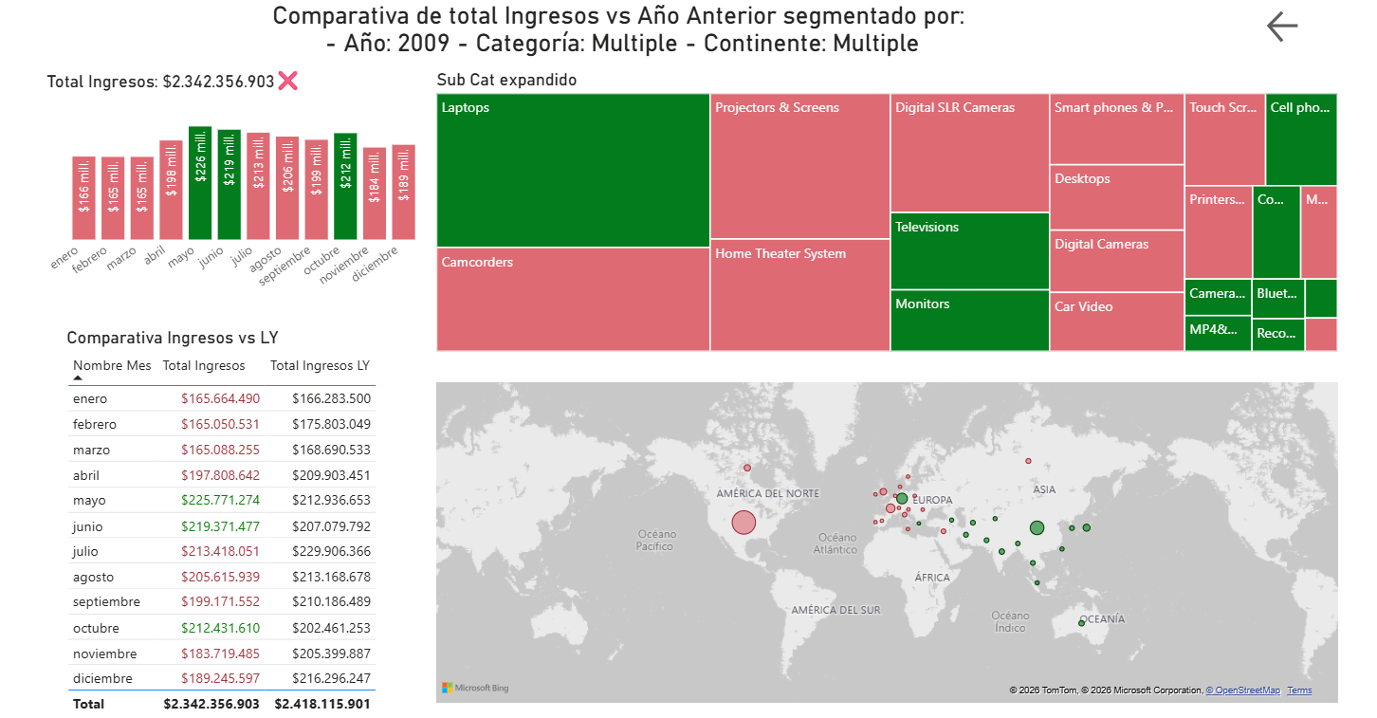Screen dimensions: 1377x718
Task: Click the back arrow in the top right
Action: click(1282, 27)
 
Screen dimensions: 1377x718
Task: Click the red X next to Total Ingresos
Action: click(287, 81)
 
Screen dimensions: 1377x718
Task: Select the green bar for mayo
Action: click(200, 182)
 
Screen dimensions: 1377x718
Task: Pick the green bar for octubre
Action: click(345, 186)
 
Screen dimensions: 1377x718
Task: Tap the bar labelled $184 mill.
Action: click(375, 193)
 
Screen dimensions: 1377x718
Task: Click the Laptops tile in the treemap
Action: click(573, 171)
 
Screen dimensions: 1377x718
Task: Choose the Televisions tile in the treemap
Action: click(969, 250)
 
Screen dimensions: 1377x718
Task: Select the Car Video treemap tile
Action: click(1117, 322)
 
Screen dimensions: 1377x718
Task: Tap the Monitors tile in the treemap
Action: click(969, 321)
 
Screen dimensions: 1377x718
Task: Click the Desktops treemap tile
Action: click(1117, 197)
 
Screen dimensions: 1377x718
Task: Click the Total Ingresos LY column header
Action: click(320, 366)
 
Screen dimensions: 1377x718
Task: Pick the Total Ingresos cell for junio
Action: click(220, 526)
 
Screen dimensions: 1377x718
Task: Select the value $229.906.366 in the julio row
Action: click(331, 551)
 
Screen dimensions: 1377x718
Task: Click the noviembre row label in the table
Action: click(104, 654)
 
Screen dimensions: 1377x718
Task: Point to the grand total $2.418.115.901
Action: click(322, 704)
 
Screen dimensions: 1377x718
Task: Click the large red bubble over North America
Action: click(744, 522)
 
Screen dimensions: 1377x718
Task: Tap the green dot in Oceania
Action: click(1081, 623)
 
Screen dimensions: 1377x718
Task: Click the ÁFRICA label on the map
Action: click(932, 578)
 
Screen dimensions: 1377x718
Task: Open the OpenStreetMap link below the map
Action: click(1243, 690)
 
